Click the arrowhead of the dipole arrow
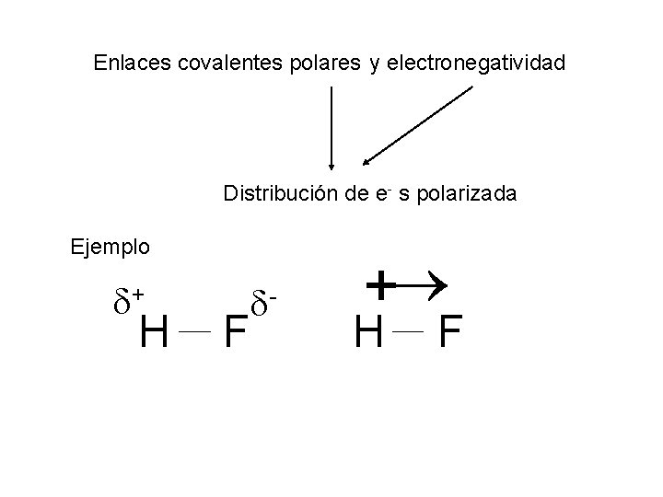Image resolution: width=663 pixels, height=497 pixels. pos(436,286)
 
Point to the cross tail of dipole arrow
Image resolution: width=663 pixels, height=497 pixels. pos(378,286)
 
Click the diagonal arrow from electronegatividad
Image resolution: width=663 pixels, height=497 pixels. pos(419,124)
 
